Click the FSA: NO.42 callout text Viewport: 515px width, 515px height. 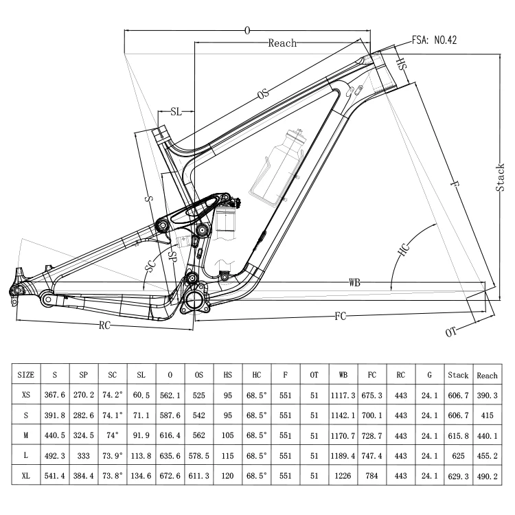pos(435,39)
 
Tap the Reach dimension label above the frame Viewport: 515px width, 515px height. pos(282,43)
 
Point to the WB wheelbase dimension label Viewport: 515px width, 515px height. pos(354,282)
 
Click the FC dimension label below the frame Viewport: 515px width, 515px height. pos(340,316)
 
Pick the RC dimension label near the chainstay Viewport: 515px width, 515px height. pos(104,325)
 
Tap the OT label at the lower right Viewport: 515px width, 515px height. pos(451,332)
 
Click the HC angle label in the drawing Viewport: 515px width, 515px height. pos(404,250)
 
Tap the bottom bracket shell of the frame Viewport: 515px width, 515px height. pos(194,297)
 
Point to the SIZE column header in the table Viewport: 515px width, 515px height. pos(25,375)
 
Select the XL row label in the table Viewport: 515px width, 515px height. pos(25,474)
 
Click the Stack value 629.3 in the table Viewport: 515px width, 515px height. pos(458,474)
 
